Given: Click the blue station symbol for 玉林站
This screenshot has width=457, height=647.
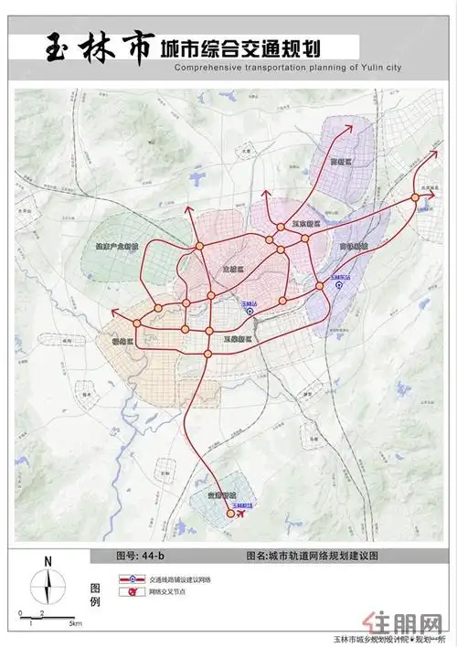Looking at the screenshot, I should click(x=250, y=311).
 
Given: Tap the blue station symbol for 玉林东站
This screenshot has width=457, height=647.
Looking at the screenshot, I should click(x=339, y=284).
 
